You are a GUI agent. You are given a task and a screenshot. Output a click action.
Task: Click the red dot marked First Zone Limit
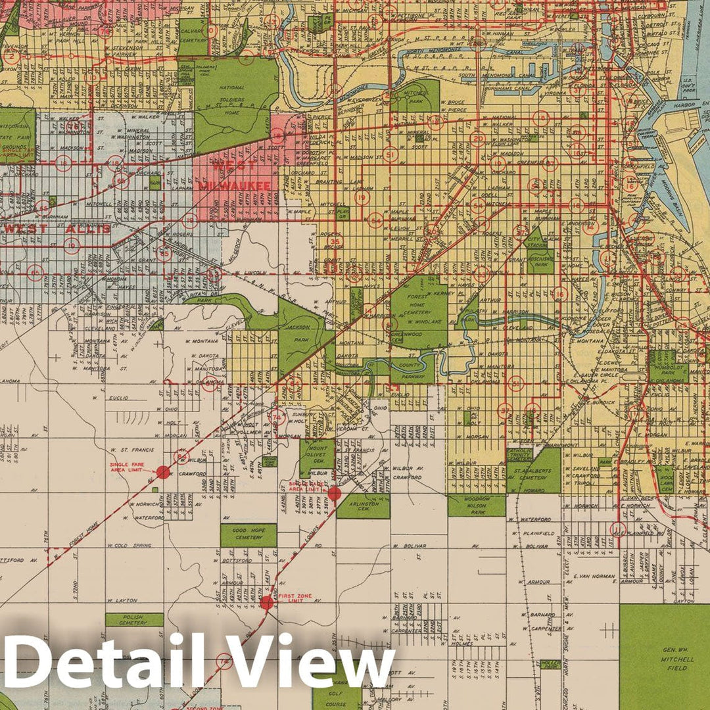click(266, 602)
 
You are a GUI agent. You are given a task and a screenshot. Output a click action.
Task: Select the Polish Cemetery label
click(134, 619)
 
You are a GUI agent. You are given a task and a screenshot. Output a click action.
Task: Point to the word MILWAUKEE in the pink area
click(235, 186)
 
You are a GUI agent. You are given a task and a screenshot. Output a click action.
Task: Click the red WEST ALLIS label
click(57, 229)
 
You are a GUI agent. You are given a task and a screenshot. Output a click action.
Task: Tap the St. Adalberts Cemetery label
click(533, 478)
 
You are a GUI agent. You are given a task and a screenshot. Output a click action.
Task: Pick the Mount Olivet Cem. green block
click(317, 454)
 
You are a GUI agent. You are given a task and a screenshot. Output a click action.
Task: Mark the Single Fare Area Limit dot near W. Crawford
click(163, 471)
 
